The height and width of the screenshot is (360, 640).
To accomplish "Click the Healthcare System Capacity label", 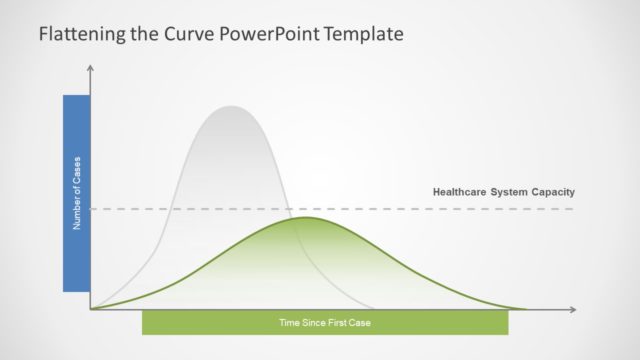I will [x=503, y=192].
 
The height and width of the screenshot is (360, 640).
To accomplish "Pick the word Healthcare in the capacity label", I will [x=460, y=192].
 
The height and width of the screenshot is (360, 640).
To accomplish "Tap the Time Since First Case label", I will [x=325, y=322].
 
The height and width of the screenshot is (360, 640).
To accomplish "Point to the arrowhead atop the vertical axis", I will [x=91, y=70].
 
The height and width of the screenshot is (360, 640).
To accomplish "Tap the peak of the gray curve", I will [x=232, y=106].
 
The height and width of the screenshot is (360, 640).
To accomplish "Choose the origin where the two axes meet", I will [x=91, y=309].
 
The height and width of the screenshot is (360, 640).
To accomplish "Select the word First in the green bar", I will [x=338, y=322].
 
